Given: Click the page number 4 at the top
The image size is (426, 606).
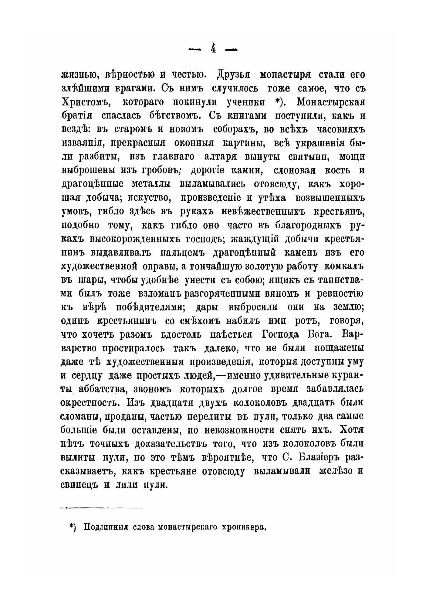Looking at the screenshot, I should coord(213,49).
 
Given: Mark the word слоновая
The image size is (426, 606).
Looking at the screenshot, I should coord(294,170).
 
